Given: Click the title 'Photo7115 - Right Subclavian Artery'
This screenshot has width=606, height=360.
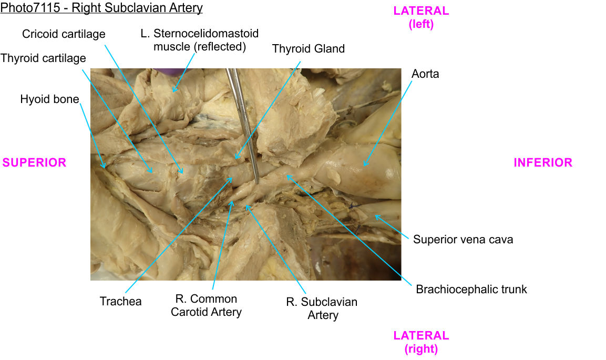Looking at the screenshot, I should coord(101,8).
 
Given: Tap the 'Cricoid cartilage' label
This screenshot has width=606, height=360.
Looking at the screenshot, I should coord(64,34).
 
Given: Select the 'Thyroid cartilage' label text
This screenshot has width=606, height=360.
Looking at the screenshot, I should coord(43,58).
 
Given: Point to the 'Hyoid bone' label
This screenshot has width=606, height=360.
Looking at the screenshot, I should coord(49,99).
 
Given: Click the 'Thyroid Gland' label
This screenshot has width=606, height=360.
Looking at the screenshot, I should coord(308,49).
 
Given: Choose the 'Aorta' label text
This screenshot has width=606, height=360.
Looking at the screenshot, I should coord(425,74).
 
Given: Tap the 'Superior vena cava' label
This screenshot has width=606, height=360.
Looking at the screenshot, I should coord(463,240).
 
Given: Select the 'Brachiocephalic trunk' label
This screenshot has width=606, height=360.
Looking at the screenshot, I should coord(471,289).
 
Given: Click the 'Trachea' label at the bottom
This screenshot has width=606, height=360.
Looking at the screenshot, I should coord(120,302).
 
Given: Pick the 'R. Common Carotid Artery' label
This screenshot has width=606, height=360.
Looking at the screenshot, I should coord(206,305).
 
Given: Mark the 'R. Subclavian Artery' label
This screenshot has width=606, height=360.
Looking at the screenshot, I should coord(322,308).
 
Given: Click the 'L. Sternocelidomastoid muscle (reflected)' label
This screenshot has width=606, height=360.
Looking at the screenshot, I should coord(200,40).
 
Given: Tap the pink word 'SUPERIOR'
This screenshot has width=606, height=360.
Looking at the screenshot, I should coord(35,163).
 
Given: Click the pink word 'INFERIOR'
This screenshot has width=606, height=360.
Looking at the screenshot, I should coord(542,163).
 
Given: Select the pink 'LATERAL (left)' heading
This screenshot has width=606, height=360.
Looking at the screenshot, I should coord(421,17).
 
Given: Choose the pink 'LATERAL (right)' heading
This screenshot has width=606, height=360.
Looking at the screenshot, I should coord(421,342).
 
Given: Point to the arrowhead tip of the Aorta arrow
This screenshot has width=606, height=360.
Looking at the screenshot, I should coord(363,166).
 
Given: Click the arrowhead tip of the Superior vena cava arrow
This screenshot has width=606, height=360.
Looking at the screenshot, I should coord(375,215).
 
